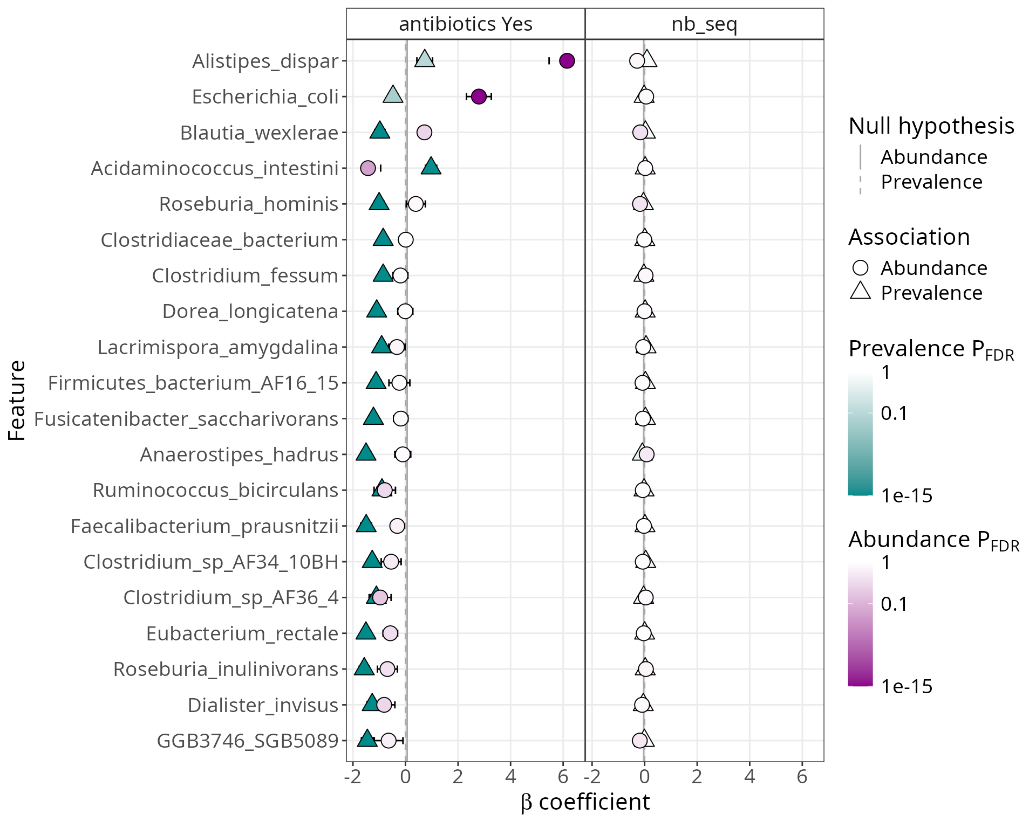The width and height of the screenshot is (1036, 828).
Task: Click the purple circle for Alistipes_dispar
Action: (x=567, y=60)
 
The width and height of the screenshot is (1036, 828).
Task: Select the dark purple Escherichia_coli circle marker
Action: (x=479, y=96)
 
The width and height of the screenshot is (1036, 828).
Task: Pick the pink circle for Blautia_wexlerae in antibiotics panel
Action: (x=424, y=132)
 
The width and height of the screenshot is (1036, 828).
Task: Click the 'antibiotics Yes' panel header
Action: (x=465, y=24)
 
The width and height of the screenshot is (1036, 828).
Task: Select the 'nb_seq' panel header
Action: (x=704, y=24)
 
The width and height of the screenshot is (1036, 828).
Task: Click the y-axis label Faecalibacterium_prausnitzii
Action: (x=205, y=526)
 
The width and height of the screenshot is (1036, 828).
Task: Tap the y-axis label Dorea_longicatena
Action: (x=250, y=312)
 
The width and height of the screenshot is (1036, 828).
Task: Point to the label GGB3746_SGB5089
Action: (x=248, y=741)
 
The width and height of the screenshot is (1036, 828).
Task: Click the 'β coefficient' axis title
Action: (x=585, y=802)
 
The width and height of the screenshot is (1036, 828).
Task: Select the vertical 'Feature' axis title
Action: (x=17, y=401)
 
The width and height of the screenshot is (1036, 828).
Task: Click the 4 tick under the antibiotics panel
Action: (x=510, y=777)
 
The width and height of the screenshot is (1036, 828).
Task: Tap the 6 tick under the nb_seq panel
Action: (x=802, y=777)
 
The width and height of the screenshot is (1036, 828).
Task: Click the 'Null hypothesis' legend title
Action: (x=931, y=126)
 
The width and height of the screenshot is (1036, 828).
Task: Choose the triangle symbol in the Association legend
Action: (x=861, y=292)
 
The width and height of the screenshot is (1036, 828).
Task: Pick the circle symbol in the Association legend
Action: (x=861, y=268)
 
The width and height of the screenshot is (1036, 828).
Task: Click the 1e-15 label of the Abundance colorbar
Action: (x=906, y=686)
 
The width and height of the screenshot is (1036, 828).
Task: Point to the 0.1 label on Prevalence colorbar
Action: (x=894, y=413)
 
